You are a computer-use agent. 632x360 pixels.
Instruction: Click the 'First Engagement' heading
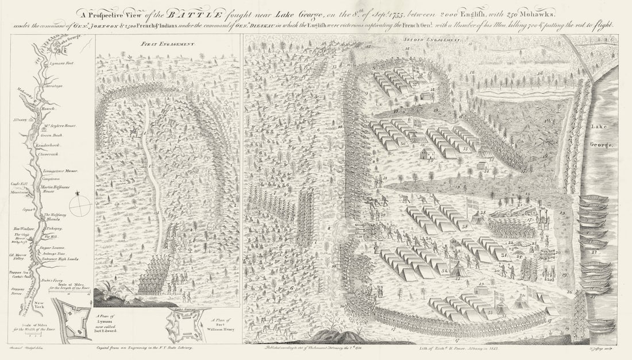168,44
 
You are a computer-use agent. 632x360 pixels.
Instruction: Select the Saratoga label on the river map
55,86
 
